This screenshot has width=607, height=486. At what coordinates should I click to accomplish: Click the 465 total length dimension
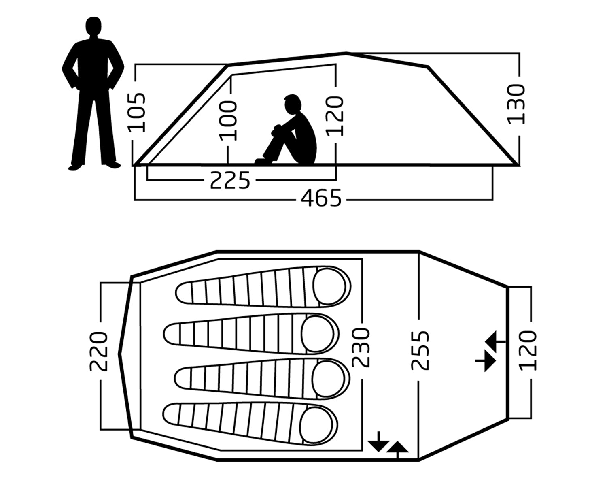321,198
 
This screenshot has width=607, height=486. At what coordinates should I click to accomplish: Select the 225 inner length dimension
230,180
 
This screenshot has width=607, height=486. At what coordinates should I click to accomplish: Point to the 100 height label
228,120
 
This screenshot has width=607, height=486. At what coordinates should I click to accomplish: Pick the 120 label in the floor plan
527,350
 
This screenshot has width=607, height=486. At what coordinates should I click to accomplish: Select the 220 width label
98,351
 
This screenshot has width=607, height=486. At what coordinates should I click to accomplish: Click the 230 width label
361,347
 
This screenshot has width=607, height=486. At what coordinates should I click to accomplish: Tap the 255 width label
420,350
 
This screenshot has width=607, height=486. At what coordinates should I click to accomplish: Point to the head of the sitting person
292,104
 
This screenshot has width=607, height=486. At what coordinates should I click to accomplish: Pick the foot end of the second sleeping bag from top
172,334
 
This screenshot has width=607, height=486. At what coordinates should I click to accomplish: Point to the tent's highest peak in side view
346,53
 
